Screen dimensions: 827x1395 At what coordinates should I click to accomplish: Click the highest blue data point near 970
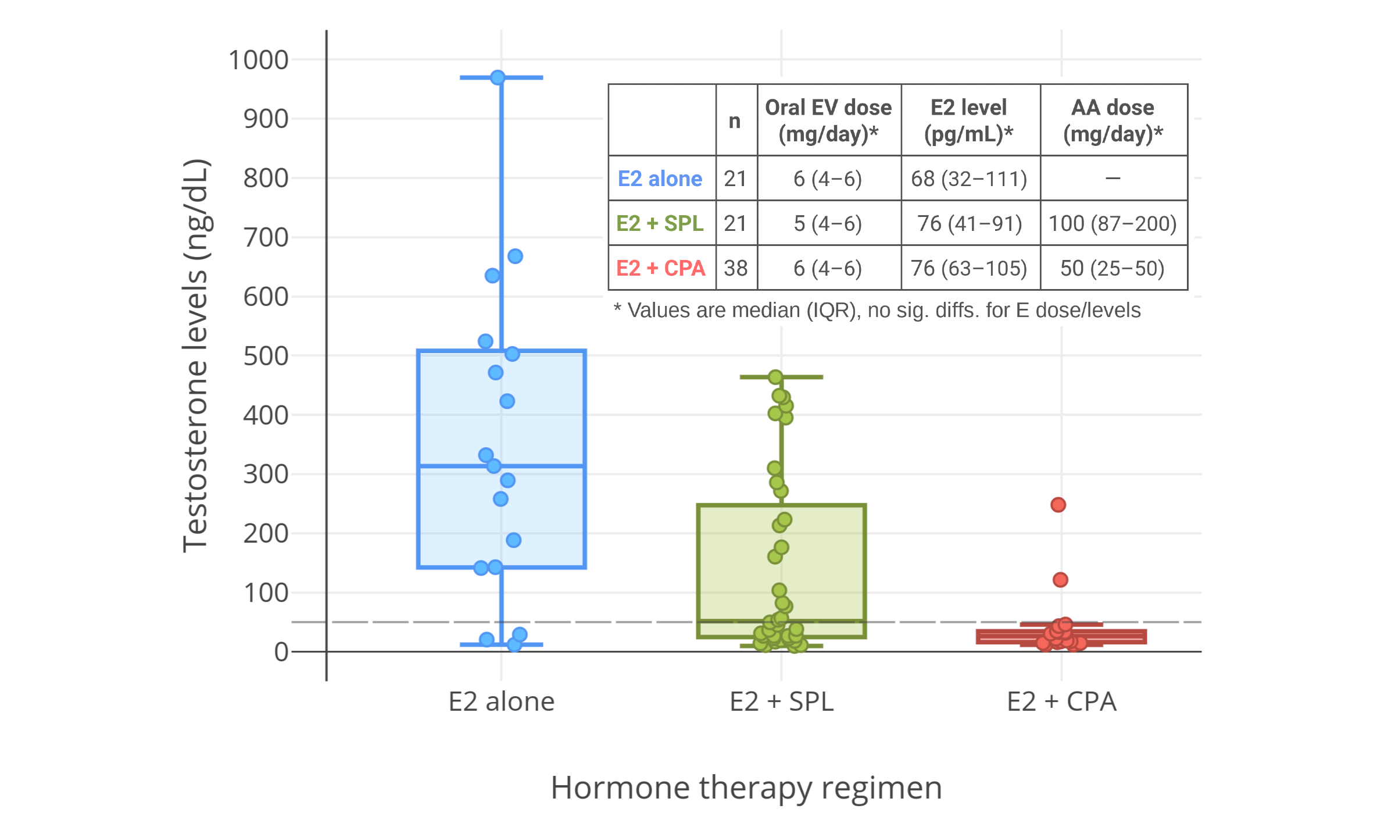tap(498, 77)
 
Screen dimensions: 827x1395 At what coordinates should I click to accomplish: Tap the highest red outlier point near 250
tap(1058, 504)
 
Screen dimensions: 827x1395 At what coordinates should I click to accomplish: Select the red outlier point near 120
tap(1060, 579)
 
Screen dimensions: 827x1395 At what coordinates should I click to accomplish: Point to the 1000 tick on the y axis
tap(258, 60)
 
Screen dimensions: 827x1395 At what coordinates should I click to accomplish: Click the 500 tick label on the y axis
tap(266, 356)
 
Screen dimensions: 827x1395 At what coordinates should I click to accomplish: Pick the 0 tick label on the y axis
tap(281, 652)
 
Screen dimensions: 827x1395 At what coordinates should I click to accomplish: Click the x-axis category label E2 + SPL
tap(781, 701)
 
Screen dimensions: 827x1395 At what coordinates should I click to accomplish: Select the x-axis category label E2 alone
tap(501, 701)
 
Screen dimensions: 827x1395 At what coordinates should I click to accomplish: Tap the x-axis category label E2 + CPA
tap(1061, 701)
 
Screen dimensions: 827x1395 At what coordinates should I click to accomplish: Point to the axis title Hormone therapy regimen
tap(746, 787)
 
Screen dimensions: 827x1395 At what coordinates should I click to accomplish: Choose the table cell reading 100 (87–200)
tap(1113, 223)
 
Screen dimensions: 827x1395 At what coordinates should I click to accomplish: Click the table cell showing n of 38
tap(736, 268)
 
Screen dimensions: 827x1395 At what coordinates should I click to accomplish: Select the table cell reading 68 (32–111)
tap(969, 179)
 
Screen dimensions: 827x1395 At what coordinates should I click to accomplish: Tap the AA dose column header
tap(1113, 120)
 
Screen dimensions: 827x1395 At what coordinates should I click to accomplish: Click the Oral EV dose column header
tap(828, 120)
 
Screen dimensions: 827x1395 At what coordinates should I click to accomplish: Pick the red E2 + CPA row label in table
tap(661, 268)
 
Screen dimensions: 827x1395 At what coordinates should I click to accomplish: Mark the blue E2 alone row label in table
tap(660, 179)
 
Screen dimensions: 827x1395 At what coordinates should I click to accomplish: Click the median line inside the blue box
tap(546, 466)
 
